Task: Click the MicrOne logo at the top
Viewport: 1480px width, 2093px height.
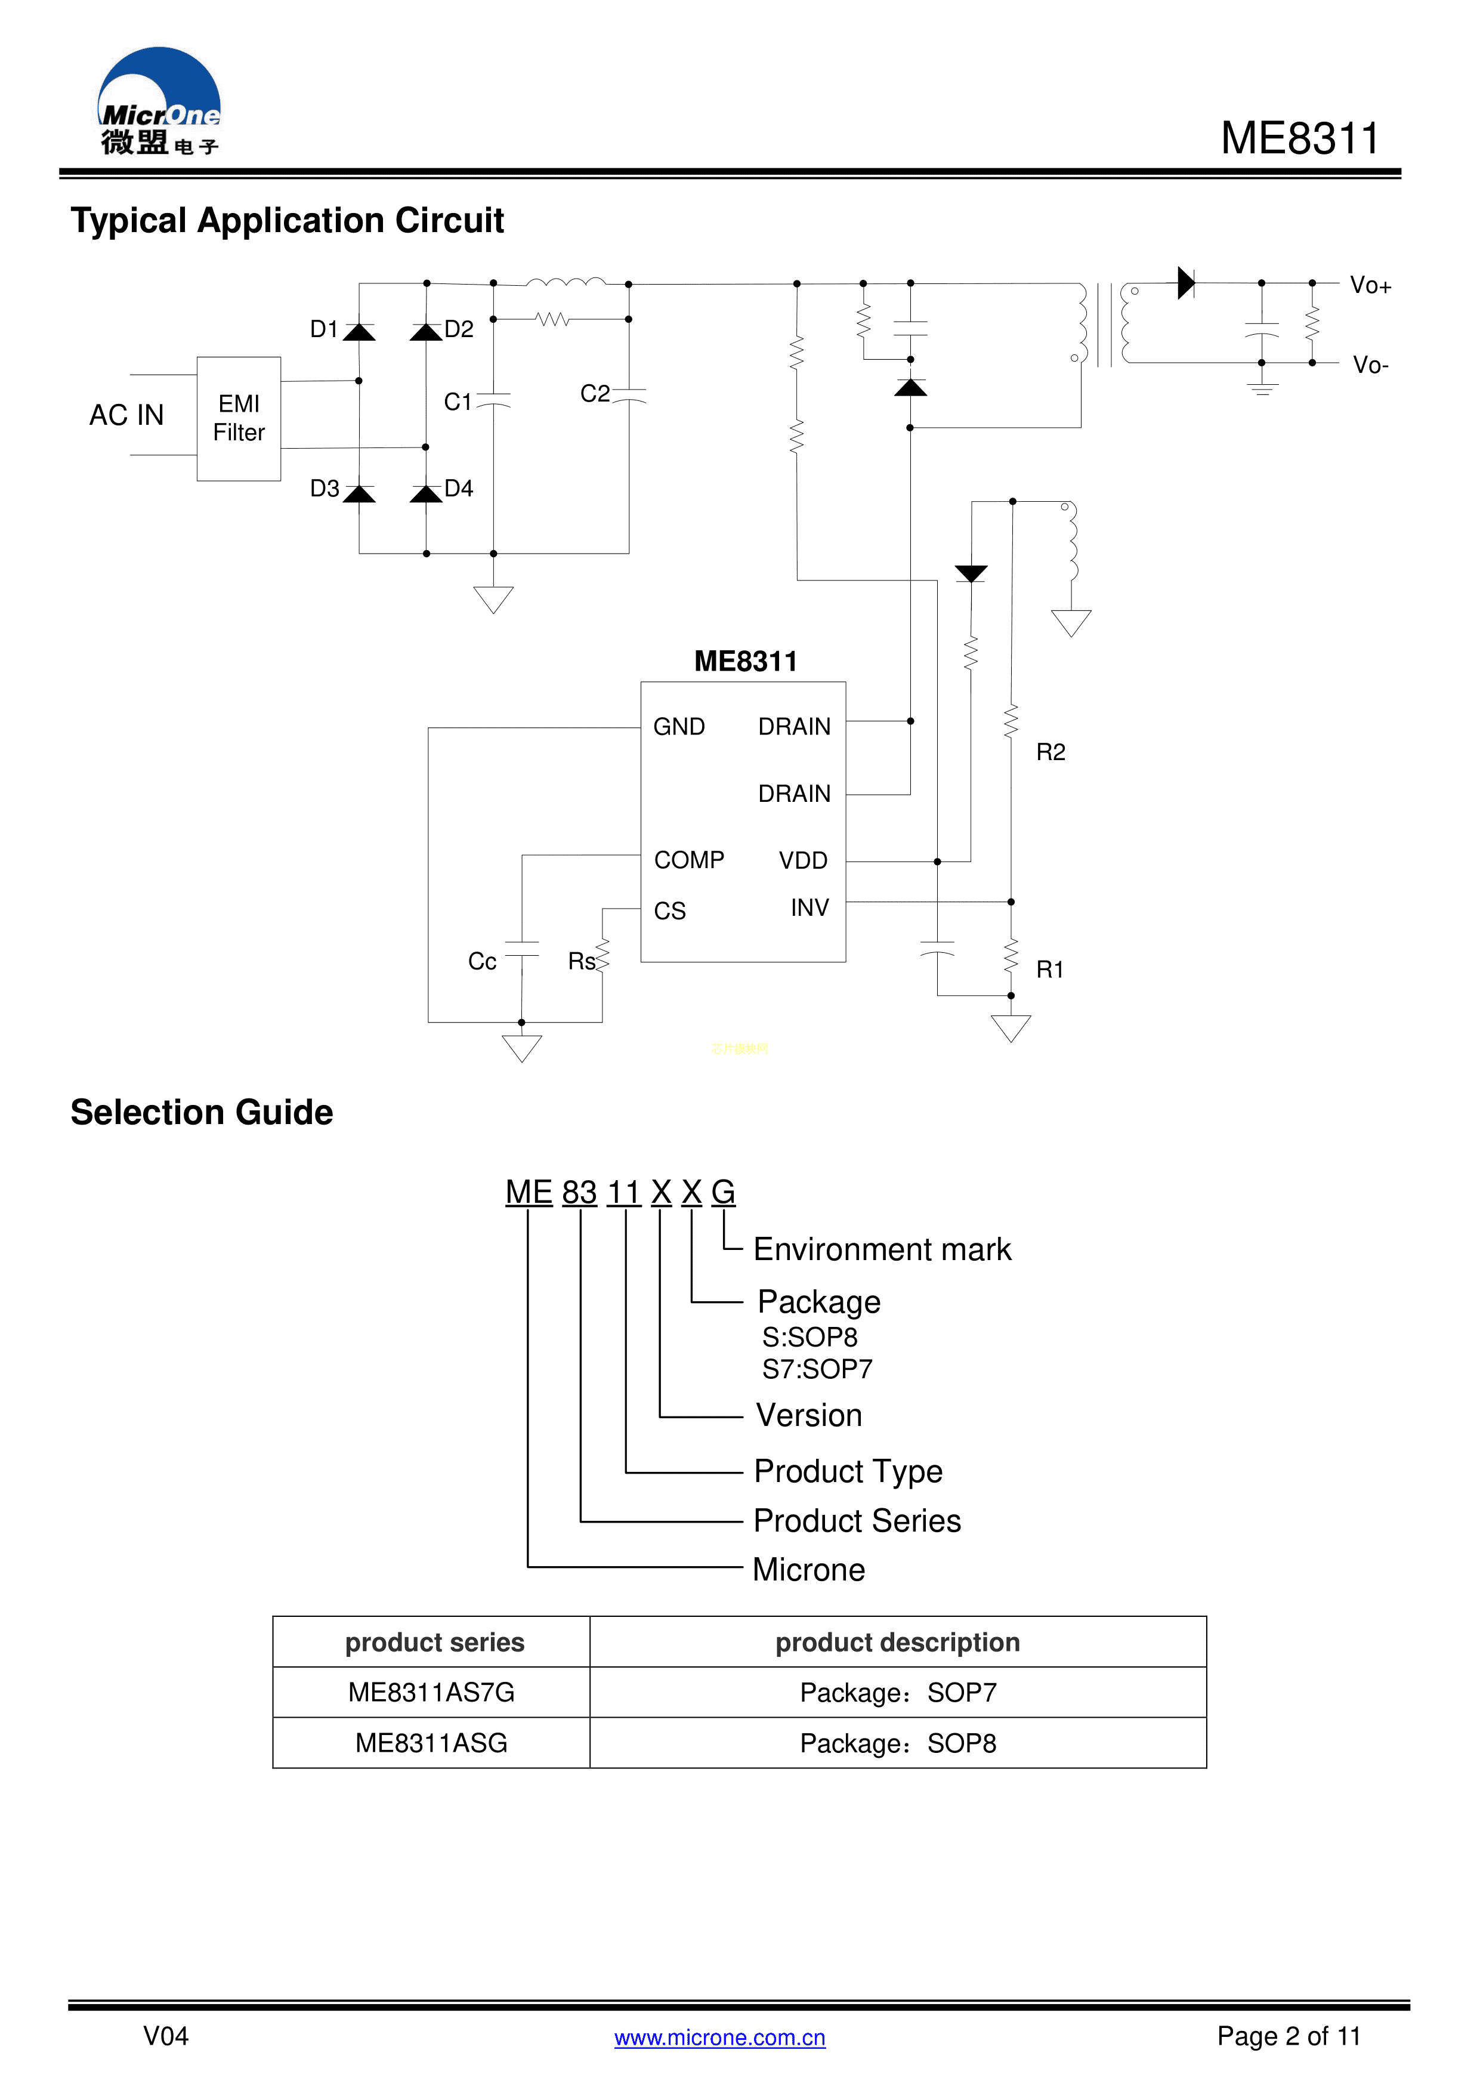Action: click(159, 102)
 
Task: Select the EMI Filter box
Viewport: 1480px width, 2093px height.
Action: click(239, 418)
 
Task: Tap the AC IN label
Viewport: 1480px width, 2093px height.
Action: click(126, 416)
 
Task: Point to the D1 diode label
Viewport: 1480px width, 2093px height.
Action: click(323, 329)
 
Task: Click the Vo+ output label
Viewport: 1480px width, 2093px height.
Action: click(1370, 286)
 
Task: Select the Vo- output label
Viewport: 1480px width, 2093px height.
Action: click(1370, 366)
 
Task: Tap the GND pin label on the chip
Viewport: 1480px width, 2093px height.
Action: click(679, 727)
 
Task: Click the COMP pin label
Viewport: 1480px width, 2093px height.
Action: click(689, 860)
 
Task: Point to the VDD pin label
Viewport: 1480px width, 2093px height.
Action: click(803, 860)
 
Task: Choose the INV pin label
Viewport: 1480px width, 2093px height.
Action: click(809, 908)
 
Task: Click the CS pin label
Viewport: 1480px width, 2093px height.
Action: click(670, 910)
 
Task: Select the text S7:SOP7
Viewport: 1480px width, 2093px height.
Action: click(817, 1369)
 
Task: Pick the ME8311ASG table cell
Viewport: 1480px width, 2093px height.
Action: click(431, 1743)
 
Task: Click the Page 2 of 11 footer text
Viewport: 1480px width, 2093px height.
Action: click(1288, 2036)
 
